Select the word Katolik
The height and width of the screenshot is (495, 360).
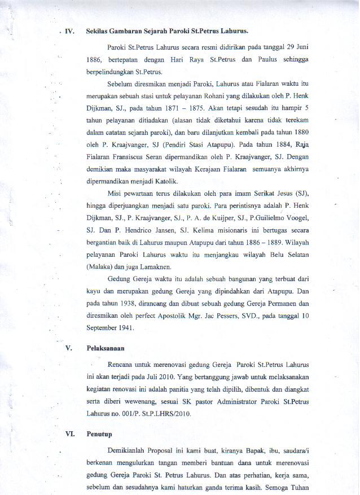click(164, 181)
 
